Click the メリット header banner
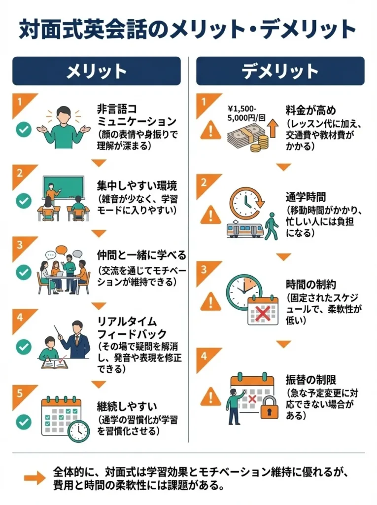(x=97, y=72)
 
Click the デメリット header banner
(x=280, y=72)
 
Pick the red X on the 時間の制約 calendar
(x=263, y=313)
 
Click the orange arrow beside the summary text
(x=34, y=477)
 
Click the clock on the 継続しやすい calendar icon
(x=77, y=431)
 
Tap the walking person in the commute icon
(x=271, y=226)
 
